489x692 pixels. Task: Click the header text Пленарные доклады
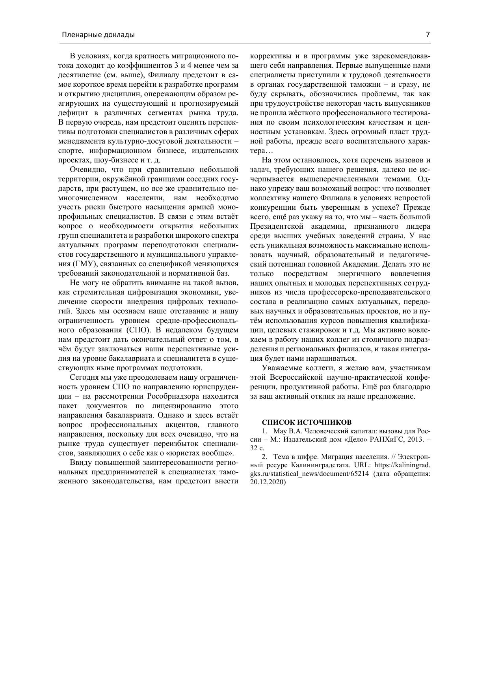[98, 35]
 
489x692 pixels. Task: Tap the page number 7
[428, 34]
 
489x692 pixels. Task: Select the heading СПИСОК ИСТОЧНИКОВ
[307, 422]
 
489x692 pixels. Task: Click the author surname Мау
[279, 431]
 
